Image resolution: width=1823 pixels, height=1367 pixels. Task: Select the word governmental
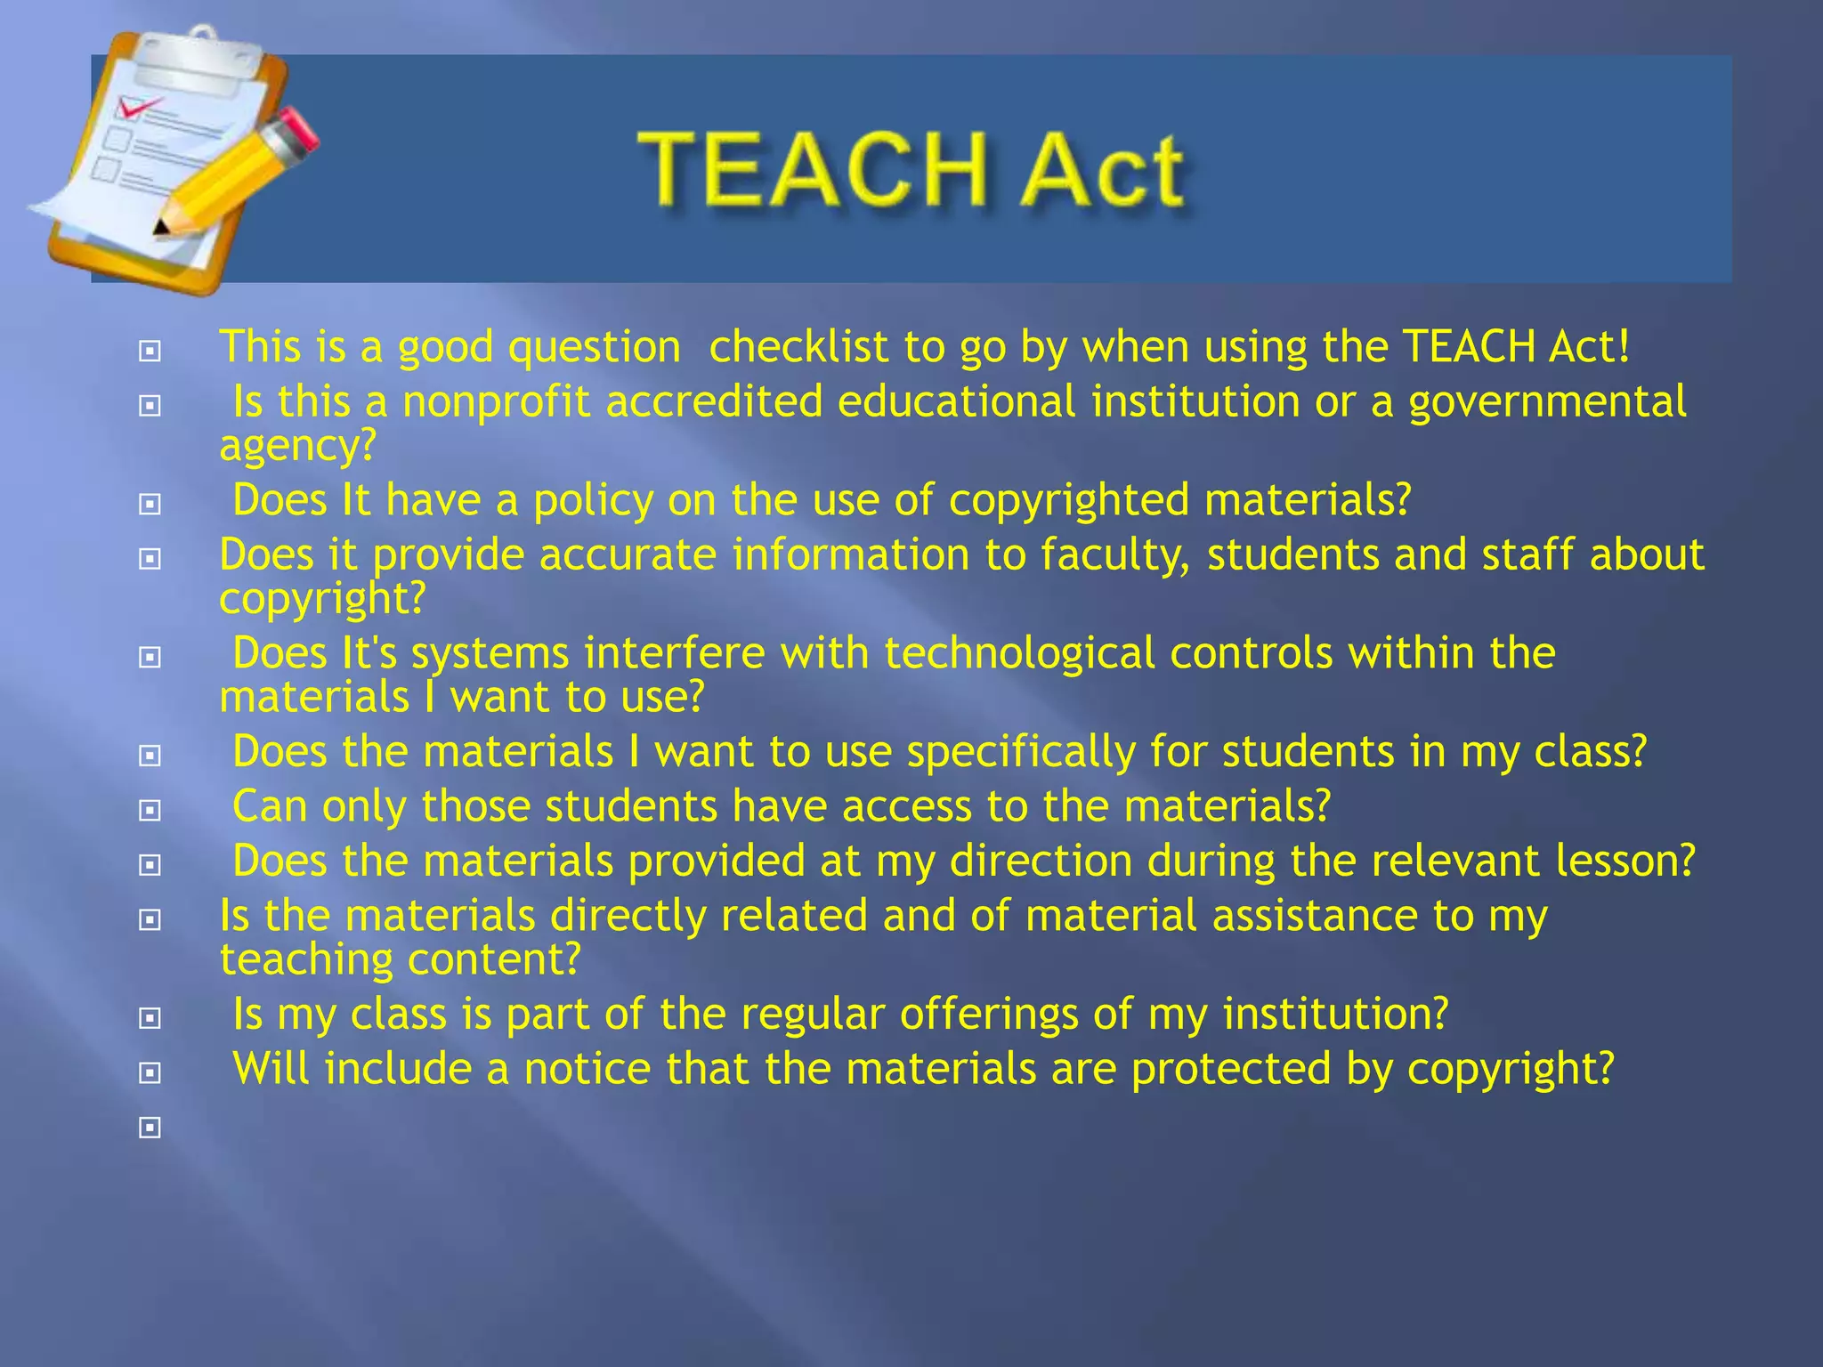[x=1547, y=402]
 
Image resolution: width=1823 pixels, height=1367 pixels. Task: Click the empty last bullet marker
[x=150, y=1128]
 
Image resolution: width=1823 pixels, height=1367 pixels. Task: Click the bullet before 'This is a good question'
[x=150, y=352]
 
